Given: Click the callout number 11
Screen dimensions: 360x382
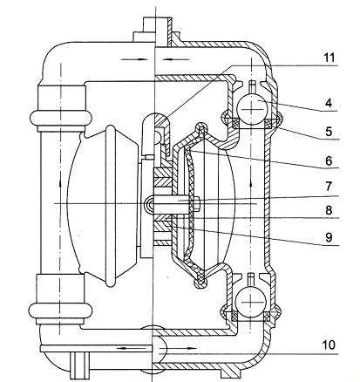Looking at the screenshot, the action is pyautogui.click(x=329, y=58).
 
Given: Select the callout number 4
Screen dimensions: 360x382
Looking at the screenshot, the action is pyautogui.click(x=329, y=103).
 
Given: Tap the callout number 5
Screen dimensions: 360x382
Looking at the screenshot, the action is pyautogui.click(x=329, y=131).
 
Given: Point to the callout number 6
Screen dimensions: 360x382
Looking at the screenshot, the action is pyautogui.click(x=329, y=160).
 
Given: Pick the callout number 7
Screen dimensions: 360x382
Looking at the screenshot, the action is pyautogui.click(x=329, y=187).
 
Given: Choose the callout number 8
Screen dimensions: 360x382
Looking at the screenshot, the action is pyautogui.click(x=329, y=210).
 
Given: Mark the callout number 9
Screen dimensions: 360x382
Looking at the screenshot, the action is pyautogui.click(x=329, y=237).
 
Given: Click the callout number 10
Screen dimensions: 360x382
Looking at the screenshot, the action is pyautogui.click(x=329, y=345).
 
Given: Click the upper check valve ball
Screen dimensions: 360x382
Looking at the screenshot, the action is pyautogui.click(x=252, y=108).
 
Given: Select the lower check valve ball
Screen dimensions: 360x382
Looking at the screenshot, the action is pyautogui.click(x=251, y=303).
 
